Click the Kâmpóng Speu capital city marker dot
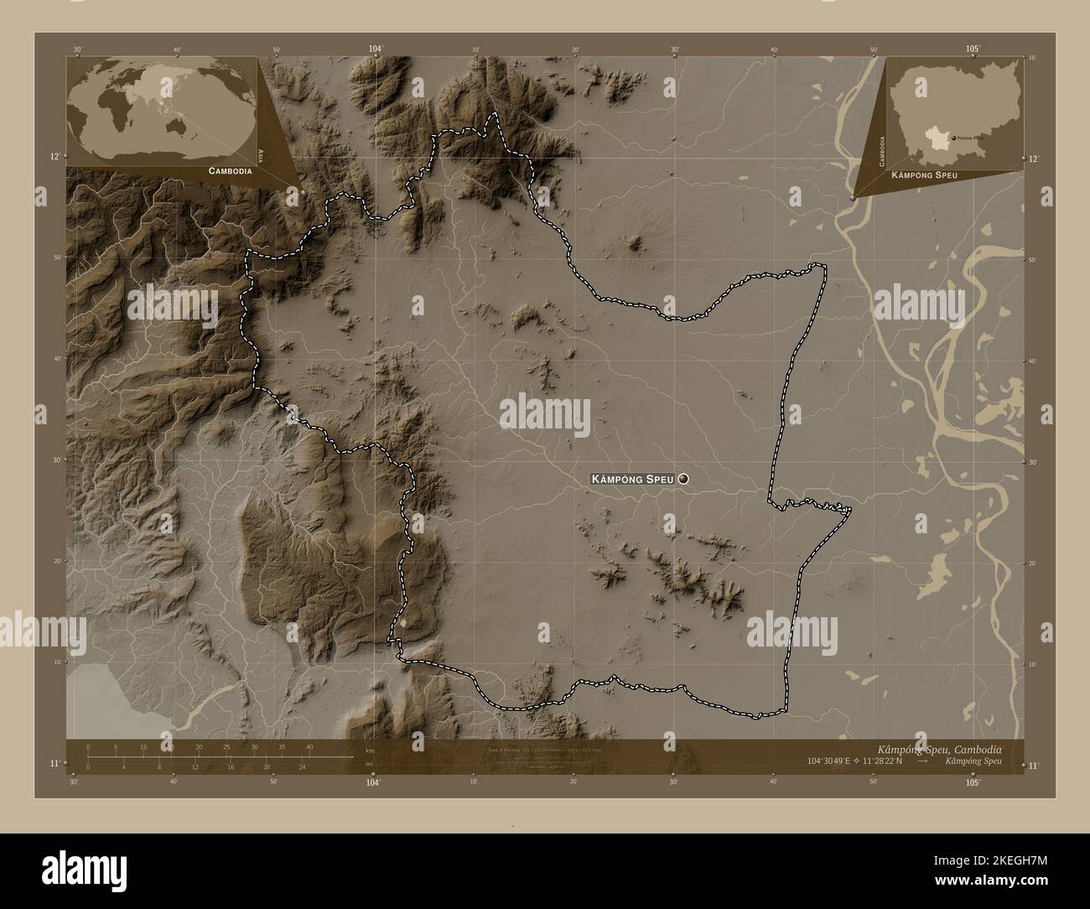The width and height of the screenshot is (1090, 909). click(683, 479)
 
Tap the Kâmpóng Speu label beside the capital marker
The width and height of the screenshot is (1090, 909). click(633, 479)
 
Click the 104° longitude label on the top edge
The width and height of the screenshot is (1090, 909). click(375, 49)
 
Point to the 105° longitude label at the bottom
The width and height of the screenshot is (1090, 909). click(973, 782)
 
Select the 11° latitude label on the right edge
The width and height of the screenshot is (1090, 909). click(1033, 765)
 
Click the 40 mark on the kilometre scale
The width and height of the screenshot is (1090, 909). click(309, 747)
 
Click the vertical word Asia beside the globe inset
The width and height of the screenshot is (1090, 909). click(262, 154)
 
